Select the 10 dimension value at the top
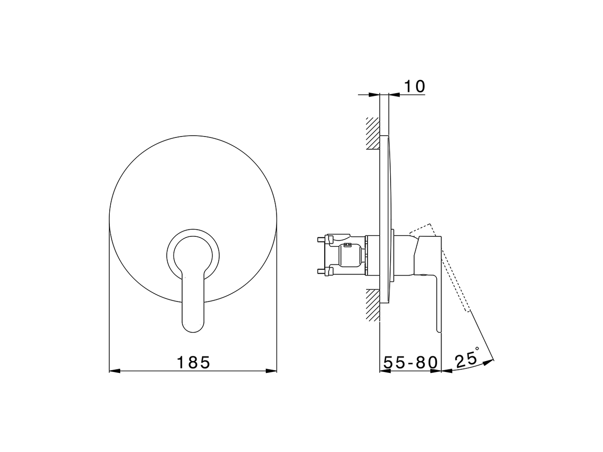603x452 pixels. pos(415,86)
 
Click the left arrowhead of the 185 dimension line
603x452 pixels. pos(114,371)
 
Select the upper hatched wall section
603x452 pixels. pos(372,133)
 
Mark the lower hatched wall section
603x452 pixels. pos(372,305)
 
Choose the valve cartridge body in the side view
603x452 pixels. pos(349,255)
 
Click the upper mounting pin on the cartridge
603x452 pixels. pos(323,239)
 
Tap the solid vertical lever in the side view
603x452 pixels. pos(438,301)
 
